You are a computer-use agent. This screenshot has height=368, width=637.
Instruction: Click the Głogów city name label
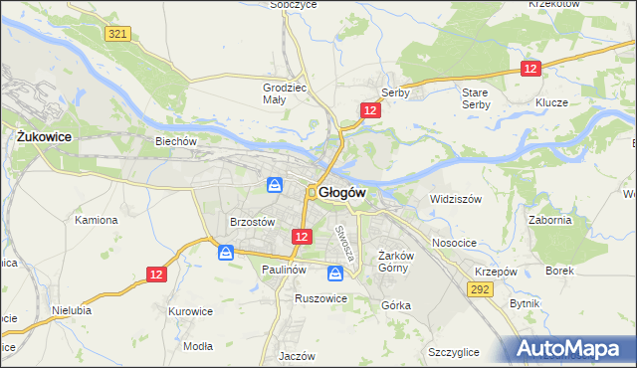pos(343,192)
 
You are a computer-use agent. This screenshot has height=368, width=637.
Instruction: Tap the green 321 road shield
pos(117,34)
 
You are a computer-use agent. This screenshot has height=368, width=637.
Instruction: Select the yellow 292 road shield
pos(481,288)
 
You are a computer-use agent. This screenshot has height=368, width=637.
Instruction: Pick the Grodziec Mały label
pos(280,93)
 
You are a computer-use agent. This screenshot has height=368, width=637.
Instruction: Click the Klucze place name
pos(550,103)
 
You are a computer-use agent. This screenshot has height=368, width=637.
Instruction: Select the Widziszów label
pos(455,199)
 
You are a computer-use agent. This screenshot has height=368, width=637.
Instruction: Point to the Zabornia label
pos(550,221)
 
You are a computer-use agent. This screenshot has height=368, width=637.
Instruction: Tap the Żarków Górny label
pos(396,261)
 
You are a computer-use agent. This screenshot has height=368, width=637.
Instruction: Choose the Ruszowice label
pos(319,297)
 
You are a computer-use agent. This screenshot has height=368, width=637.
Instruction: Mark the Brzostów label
pos(251,223)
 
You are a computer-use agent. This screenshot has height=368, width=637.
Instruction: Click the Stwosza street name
pos(344,243)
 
